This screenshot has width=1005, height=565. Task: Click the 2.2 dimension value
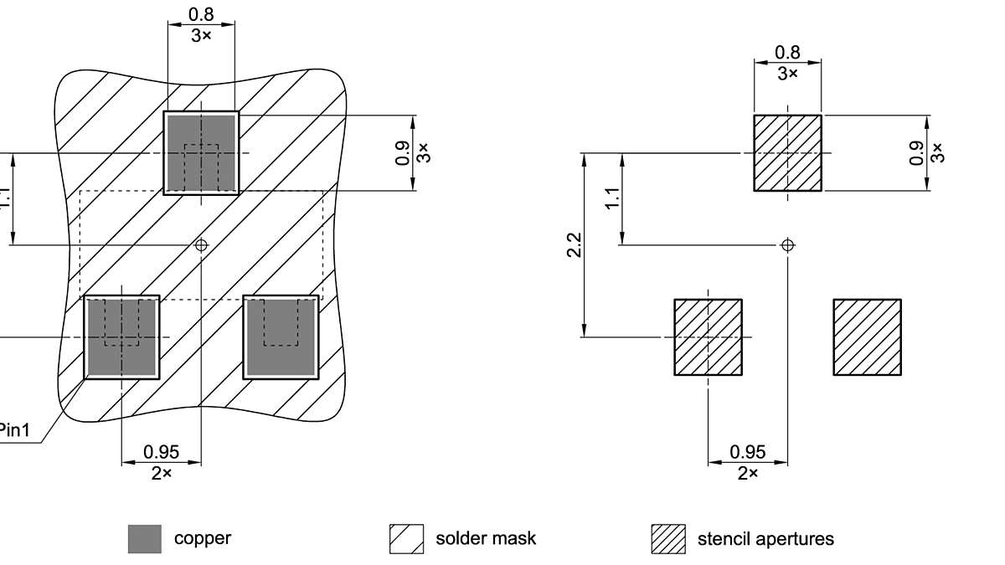coord(575,245)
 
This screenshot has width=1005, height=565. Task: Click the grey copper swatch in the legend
coord(144,539)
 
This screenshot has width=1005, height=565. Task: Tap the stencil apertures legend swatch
coord(667,539)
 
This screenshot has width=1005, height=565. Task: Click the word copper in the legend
coord(203,538)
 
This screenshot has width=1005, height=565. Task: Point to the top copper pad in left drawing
coord(201,152)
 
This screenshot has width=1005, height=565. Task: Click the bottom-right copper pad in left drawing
coord(281,337)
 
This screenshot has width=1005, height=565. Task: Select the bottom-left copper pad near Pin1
coord(122,337)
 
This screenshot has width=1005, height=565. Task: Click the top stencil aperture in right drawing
coord(787,153)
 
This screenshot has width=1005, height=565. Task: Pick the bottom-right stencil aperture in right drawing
coord(867,337)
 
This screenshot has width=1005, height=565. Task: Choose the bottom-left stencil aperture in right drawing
coord(709,337)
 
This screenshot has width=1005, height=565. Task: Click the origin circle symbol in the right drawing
coord(787,245)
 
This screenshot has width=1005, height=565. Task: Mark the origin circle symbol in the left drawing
coord(201,244)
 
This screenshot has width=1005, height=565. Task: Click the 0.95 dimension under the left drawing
coord(161,452)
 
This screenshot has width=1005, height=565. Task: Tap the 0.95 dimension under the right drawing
coord(747,452)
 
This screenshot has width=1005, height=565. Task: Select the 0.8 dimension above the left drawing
coord(201,14)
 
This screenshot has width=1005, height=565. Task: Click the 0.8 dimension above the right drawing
coord(787,52)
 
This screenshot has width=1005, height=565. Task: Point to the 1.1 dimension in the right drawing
coord(613,199)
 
